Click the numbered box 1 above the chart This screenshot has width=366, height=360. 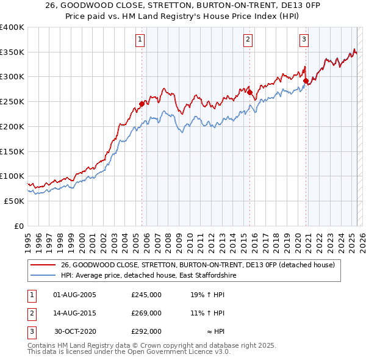[140, 40]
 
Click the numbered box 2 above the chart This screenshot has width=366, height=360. [248, 40]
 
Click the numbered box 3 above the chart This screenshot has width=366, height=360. [304, 40]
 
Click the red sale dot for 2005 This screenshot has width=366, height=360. [142, 104]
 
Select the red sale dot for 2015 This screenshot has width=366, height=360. [249, 92]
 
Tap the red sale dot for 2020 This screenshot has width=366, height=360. [306, 81]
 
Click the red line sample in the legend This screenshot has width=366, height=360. [43, 265]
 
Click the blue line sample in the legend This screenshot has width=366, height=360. [43, 276]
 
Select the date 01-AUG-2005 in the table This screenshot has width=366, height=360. [75, 295]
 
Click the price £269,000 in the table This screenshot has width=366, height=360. [146, 313]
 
